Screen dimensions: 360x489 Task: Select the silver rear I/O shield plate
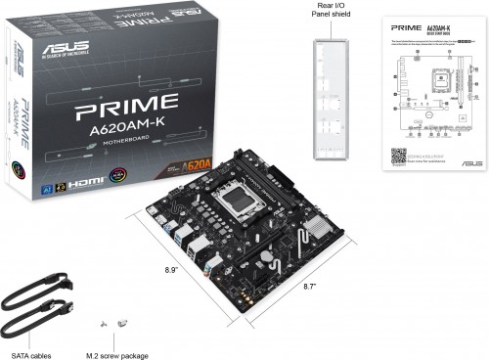(333, 97)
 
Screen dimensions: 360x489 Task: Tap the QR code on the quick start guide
(398, 155)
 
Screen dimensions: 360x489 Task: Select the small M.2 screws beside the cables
(114, 322)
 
